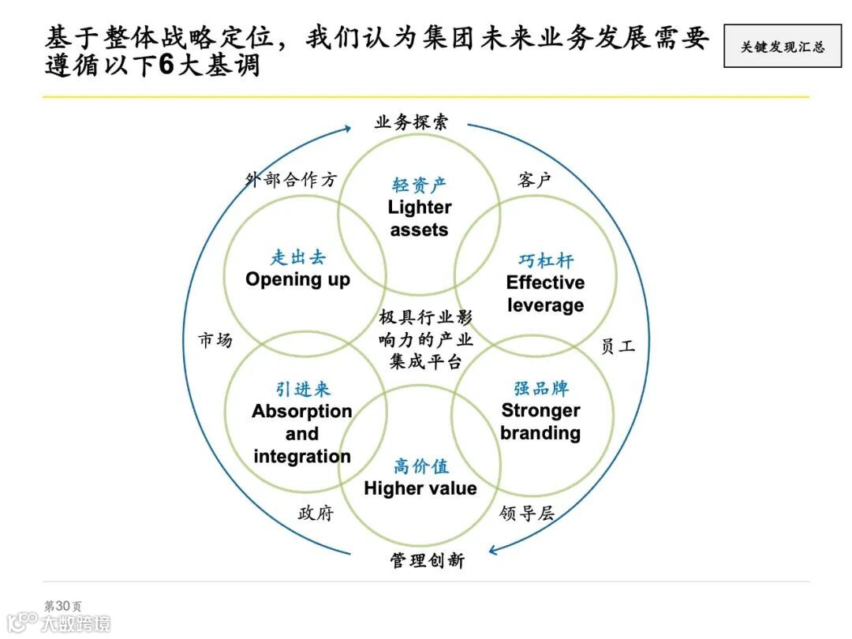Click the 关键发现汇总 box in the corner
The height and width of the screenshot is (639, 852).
pos(782,47)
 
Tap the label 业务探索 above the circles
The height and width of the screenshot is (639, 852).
pos(411,122)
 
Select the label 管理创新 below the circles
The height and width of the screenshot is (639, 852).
pos(427,561)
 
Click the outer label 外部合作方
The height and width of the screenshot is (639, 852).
pos(291,180)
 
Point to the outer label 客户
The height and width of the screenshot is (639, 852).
pos(534,180)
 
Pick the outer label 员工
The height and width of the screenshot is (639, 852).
pos(618,346)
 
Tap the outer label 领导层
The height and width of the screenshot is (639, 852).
pos(527,514)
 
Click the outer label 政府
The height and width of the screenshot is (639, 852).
pos(316,514)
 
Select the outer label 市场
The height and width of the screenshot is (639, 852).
pos(215,341)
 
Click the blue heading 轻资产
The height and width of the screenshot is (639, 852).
pos(419,185)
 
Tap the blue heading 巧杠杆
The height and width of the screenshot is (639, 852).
pos(546,260)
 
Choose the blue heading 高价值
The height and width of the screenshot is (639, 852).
pos(420,466)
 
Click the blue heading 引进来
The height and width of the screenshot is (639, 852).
pos(303,389)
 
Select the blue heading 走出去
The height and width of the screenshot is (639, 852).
pos(297,257)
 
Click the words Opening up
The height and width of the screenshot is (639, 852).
pos(297,279)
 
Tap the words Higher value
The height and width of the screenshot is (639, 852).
pos(420,488)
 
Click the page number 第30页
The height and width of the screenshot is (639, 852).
pos(62,605)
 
